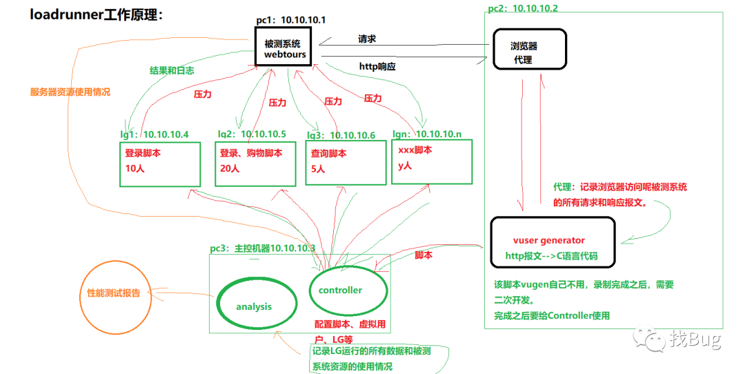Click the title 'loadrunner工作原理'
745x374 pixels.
point(97,14)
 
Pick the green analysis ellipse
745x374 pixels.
point(254,306)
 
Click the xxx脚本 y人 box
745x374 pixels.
point(432,161)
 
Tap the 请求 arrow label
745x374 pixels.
point(367,39)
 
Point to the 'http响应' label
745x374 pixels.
point(377,67)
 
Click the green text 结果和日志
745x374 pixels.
point(172,70)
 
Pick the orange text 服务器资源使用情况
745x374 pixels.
point(70,92)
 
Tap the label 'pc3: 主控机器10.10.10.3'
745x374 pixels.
point(263,248)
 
